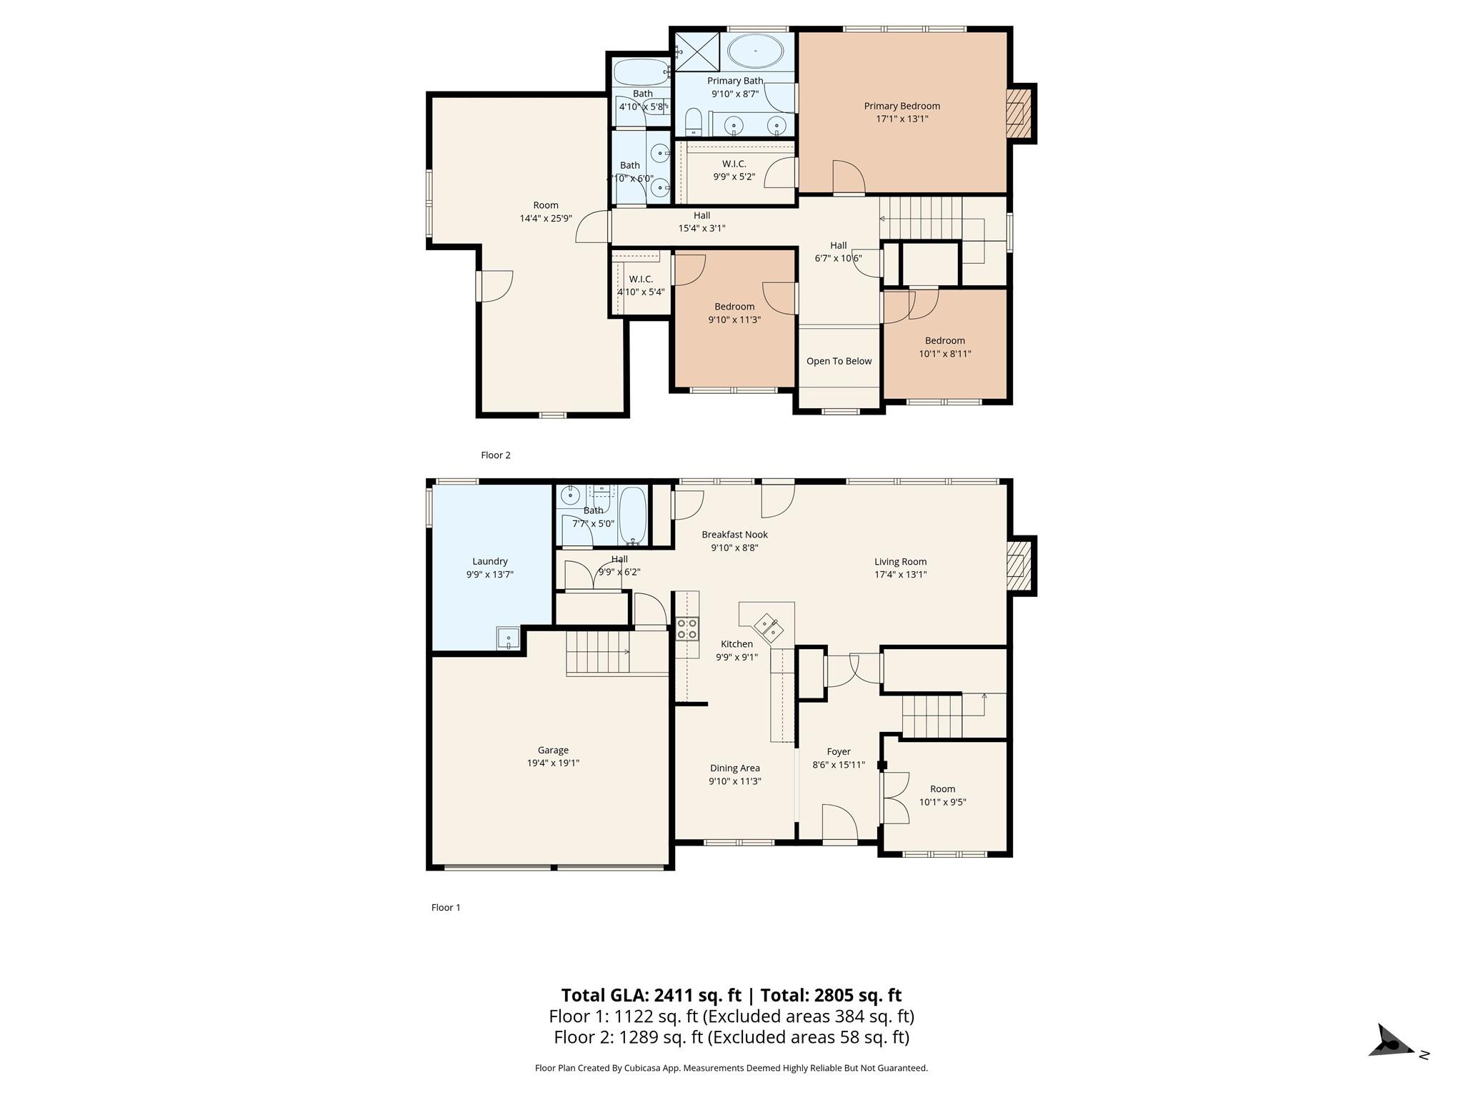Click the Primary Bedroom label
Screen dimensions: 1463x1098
point(902,106)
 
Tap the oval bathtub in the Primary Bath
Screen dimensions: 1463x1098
point(755,51)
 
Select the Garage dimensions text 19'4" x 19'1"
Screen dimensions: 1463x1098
point(553,763)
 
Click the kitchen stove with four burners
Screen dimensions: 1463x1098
point(687,628)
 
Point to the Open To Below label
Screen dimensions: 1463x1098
point(839,361)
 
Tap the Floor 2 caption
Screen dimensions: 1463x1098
point(496,455)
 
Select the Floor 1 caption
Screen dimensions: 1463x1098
point(446,908)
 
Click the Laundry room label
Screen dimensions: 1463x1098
point(490,562)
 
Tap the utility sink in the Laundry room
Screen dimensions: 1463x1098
point(509,638)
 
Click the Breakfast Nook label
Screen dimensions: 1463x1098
point(734,535)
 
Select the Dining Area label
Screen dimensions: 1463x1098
point(735,768)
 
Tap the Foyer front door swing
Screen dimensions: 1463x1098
point(839,822)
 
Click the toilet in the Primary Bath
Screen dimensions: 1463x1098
point(694,122)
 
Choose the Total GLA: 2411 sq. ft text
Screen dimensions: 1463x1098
point(651,995)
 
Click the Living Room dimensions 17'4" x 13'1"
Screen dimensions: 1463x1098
point(901,574)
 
